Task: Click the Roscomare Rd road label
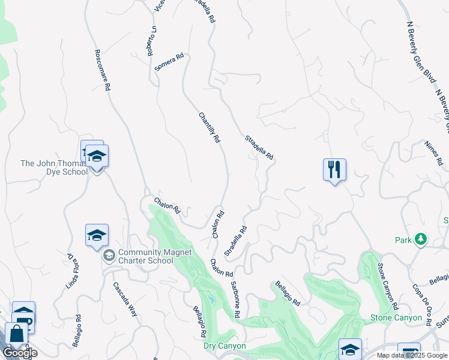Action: [x=101, y=70]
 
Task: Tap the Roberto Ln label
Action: [x=154, y=41]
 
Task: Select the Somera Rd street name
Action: [x=169, y=62]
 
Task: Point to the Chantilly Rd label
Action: [x=209, y=127]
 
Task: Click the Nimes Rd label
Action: [x=433, y=153]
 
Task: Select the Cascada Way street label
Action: [x=125, y=296]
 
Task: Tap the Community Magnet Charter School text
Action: [x=145, y=257]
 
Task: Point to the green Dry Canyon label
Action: [x=225, y=346]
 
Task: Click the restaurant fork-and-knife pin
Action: [x=334, y=170]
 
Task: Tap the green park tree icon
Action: [x=421, y=240]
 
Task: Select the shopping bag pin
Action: [x=16, y=335]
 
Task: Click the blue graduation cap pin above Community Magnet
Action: [x=97, y=236]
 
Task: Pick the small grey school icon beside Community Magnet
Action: [x=109, y=257]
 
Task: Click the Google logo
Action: [x=20, y=352]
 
